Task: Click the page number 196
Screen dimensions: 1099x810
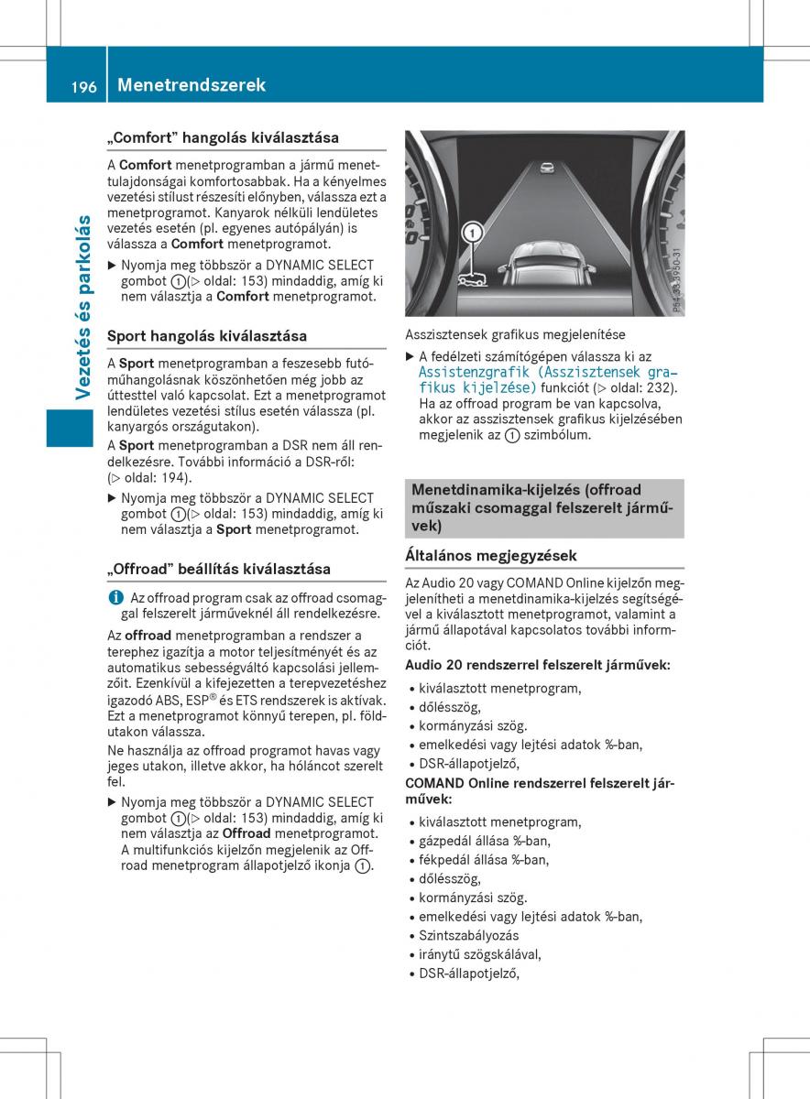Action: (82, 85)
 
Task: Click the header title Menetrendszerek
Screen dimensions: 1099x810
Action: (191, 85)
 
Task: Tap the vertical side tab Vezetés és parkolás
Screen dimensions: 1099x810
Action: (83, 306)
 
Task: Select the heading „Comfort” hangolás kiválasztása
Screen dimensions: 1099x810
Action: (223, 137)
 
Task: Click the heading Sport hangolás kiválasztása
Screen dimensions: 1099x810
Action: (207, 336)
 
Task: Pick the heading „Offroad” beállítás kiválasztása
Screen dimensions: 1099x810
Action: (219, 569)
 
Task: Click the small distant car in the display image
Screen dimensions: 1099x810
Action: (547, 169)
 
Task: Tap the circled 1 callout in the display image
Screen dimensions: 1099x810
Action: (473, 234)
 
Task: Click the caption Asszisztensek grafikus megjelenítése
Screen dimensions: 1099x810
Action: (515, 335)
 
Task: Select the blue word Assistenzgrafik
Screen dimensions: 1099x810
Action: (474, 372)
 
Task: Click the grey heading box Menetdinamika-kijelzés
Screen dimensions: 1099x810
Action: (544, 508)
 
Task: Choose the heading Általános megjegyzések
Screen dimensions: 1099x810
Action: (491, 555)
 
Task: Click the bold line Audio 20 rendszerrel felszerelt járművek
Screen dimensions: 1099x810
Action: (537, 665)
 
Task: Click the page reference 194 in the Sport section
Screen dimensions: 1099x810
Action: (177, 477)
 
